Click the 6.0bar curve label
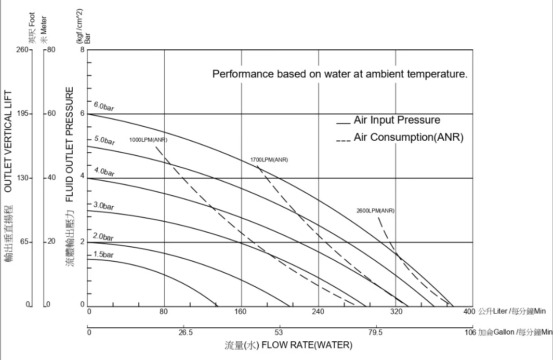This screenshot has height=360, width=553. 104,107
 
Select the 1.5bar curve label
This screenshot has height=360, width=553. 103,255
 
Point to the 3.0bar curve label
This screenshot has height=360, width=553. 104,206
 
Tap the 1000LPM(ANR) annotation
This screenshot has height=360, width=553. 148,140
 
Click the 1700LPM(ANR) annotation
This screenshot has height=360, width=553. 269,159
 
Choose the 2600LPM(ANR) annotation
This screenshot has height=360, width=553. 375,210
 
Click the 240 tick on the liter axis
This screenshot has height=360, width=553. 318,312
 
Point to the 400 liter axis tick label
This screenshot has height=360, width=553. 469,312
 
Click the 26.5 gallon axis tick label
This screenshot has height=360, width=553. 186,332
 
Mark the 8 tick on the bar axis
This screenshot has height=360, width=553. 82,50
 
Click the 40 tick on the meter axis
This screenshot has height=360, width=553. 51,178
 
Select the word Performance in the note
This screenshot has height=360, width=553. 242,74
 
